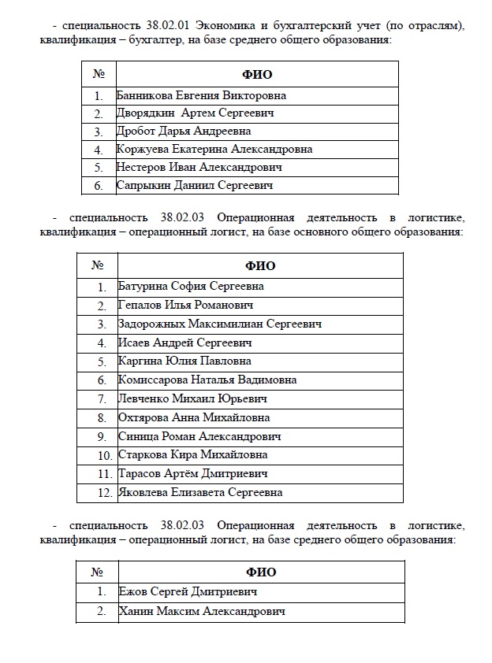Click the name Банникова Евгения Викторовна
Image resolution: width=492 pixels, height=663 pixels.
point(200,95)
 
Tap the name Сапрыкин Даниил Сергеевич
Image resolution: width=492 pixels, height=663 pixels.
point(194,186)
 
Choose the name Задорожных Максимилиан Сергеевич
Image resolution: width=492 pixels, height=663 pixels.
point(219,324)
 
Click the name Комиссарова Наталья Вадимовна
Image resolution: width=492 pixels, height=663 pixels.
point(207,380)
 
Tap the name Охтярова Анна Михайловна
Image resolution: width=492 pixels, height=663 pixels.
point(193,417)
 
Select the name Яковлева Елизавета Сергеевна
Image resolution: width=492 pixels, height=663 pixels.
point(199,493)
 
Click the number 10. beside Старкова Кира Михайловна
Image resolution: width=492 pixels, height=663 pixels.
point(104,455)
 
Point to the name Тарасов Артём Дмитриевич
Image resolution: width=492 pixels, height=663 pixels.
point(192,474)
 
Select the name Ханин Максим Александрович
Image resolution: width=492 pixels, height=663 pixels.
point(201,611)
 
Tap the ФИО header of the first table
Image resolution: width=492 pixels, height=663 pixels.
point(256,75)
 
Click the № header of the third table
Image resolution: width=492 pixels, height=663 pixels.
point(98,572)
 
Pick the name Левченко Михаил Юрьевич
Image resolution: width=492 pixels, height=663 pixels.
point(192,399)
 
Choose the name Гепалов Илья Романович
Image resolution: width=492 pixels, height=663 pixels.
point(185,306)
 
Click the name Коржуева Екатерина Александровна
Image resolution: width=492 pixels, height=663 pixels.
point(214,149)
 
